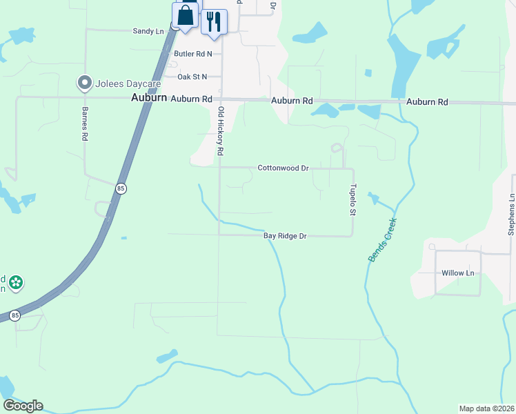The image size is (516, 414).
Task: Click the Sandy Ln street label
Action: point(148,31)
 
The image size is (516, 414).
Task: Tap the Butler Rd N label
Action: point(193,53)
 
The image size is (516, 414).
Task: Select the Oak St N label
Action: point(192,77)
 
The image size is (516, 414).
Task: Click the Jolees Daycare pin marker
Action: point(85,83)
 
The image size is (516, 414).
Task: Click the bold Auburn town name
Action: point(149,98)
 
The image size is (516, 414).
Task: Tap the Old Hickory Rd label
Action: point(221,130)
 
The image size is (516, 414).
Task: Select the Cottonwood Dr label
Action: point(282,168)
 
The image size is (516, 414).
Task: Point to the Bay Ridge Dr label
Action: point(285,236)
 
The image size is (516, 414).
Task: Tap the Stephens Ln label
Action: point(511,214)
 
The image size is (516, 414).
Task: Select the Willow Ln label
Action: point(458,273)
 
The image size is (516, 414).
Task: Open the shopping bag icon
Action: point(186,15)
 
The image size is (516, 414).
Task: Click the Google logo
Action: point(23,406)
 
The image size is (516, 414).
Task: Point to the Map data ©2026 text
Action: point(486,408)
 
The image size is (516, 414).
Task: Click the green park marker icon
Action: point(16,282)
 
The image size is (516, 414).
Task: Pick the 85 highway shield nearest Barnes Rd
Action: point(121,188)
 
